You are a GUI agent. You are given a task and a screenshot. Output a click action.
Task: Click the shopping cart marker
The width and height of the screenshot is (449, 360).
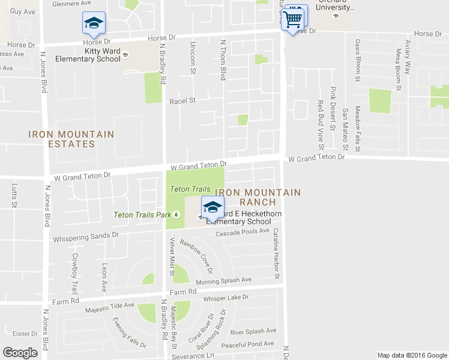click(293, 18)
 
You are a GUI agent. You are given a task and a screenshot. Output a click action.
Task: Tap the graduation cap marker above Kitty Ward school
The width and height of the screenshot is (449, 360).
click(93, 24)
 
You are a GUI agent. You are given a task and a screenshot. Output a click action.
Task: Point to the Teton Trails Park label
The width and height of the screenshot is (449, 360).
click(143, 215)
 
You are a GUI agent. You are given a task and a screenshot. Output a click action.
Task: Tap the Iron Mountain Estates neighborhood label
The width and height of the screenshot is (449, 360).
click(62, 139)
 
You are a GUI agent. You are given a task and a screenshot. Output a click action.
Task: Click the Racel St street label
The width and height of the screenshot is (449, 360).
click(183, 101)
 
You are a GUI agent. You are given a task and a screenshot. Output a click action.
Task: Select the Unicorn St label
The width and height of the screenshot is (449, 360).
click(193, 58)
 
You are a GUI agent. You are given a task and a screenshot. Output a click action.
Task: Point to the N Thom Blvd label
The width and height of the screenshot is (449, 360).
click(223, 60)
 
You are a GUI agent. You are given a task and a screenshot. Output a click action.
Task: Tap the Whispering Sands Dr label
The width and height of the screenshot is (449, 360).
click(86, 238)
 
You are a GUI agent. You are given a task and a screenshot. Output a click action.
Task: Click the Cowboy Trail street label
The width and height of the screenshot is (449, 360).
click(76, 269)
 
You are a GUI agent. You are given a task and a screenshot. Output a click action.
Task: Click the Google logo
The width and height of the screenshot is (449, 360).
click(20, 352)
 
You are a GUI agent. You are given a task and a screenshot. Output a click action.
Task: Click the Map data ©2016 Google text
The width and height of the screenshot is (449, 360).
click(412, 355)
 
